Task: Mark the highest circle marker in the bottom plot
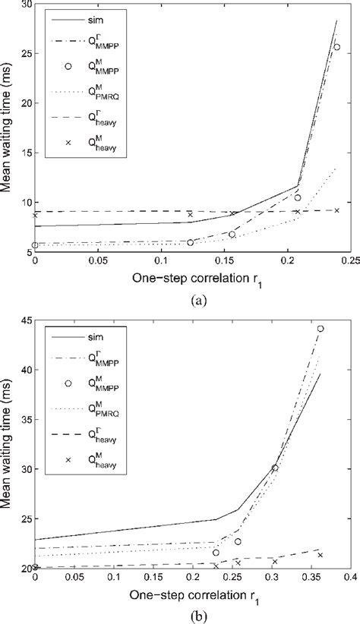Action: tap(321, 329)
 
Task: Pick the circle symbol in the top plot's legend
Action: tap(68, 66)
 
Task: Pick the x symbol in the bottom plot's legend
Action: tap(68, 459)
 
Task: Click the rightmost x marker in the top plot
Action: tap(337, 210)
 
